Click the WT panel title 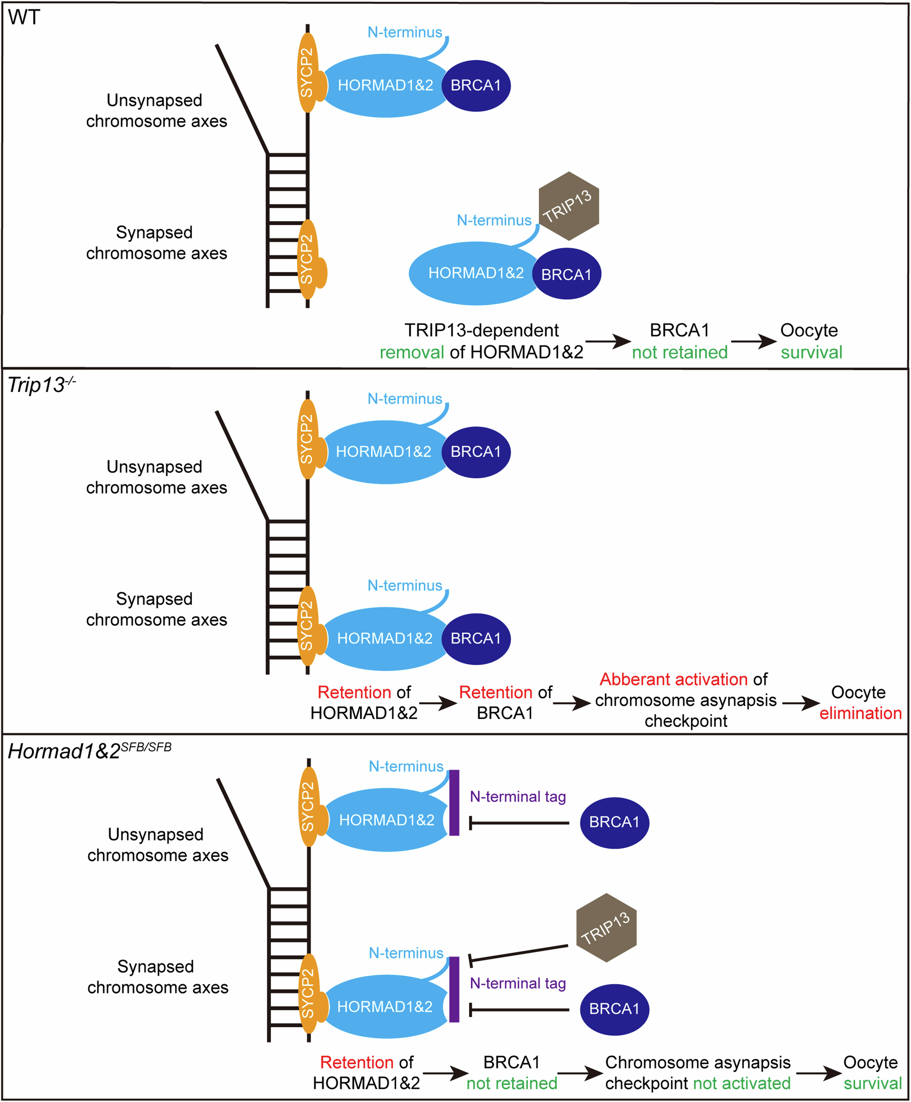24,17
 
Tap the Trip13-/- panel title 41,384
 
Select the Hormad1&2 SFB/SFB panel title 89,750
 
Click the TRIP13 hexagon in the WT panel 568,206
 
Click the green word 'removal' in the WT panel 411,352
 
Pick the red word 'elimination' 860,713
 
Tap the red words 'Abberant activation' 673,679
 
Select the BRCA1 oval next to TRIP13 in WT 566,274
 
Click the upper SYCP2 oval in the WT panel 307,72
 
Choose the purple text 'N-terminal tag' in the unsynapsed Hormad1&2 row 517,796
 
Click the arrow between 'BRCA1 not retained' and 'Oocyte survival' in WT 753,342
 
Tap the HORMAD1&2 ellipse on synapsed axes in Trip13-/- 384,638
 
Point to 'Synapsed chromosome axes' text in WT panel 156,242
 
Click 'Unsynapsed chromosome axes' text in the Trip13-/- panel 156,477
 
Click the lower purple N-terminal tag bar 455,989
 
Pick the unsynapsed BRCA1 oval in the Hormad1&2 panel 614,822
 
